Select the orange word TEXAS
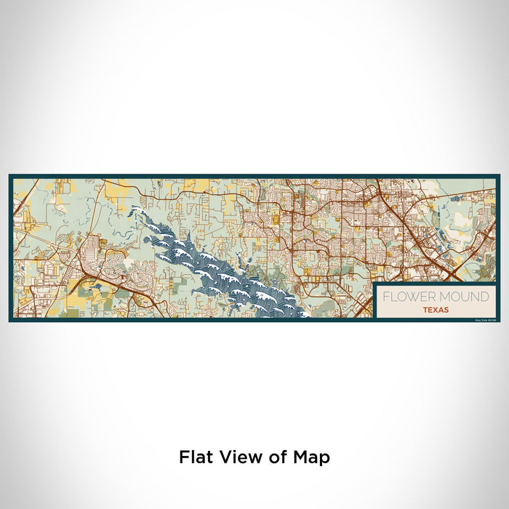point(435,309)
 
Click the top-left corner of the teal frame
point(10,175)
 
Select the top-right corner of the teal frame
point(499,175)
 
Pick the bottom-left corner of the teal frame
point(10,320)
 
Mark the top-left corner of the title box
point(374,284)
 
